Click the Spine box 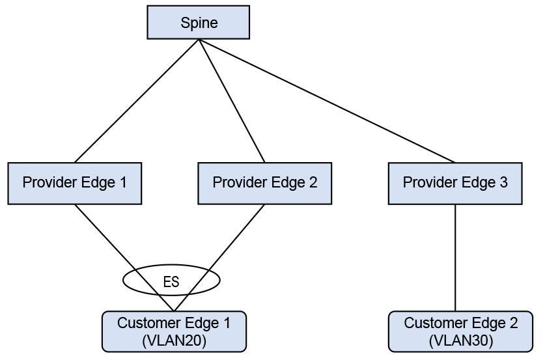pyautogui.click(x=199, y=23)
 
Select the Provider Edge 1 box pyautogui.click(x=74, y=183)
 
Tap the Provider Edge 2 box pyautogui.click(x=264, y=183)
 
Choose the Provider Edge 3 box pyautogui.click(x=454, y=183)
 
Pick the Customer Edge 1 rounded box pyautogui.click(x=174, y=331)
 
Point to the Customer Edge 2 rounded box pyautogui.click(x=460, y=331)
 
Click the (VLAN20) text pyautogui.click(x=174, y=340)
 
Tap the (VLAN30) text pyautogui.click(x=460, y=340)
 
